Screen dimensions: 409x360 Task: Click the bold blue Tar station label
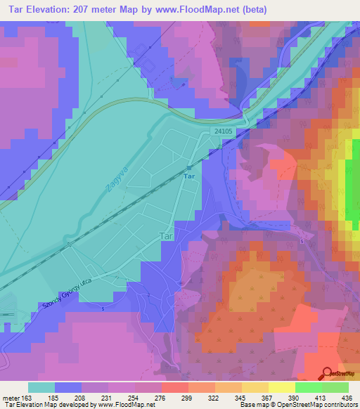[x=188, y=178]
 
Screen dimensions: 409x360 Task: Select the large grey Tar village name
[x=166, y=237]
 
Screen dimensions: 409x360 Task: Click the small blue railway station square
[x=188, y=168]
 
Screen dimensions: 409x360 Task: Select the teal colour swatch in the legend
[x=41, y=387]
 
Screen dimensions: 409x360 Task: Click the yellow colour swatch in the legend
[x=281, y=387]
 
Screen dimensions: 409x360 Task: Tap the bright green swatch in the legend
[x=308, y=387]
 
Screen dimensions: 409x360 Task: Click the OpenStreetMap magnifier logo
[x=326, y=374]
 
